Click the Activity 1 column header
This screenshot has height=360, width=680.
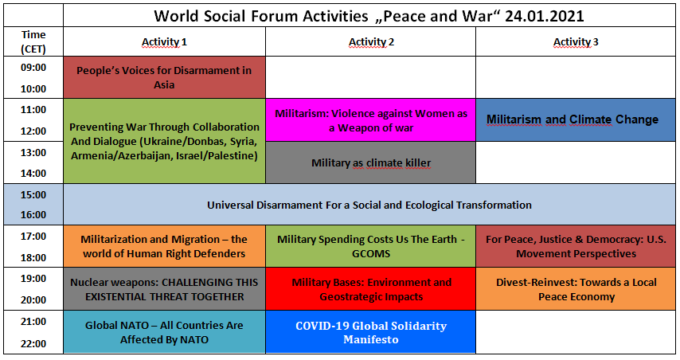coord(164,42)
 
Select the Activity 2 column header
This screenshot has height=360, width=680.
coord(371,42)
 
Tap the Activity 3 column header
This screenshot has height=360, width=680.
coord(576,42)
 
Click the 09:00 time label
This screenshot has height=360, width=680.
coord(33,67)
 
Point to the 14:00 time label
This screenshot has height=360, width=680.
coord(33,174)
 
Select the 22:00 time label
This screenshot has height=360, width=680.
coord(33,344)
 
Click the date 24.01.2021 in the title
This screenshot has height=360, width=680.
coord(545,16)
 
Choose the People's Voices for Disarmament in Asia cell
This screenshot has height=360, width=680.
coord(164,77)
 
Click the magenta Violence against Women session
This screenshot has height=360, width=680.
coord(371,120)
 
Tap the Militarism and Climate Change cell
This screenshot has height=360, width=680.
coord(576,119)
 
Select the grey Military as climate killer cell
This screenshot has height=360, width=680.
coord(371,162)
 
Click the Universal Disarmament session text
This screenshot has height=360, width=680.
coord(369,205)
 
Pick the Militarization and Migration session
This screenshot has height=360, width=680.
coord(164,246)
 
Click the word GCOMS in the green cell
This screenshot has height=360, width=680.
coord(371,254)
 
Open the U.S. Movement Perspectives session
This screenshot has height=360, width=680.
coord(576,246)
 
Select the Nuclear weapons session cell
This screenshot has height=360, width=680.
coord(164,289)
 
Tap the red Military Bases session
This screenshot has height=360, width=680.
coord(371,289)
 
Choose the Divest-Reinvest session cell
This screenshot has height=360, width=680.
coord(576,289)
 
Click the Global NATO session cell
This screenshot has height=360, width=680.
coord(164,332)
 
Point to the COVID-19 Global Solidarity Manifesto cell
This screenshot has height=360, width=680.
coord(371,332)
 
